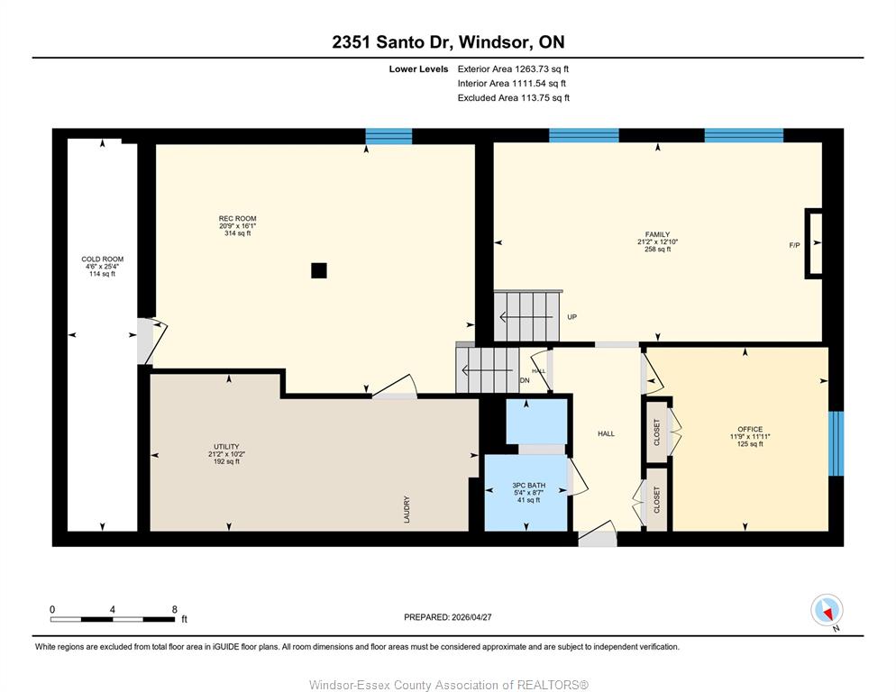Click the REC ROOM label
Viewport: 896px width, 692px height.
coord(237,218)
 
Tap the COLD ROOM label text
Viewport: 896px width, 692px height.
coord(102,259)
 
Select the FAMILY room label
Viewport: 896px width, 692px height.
coord(657,234)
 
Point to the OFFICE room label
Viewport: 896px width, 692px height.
coord(750,429)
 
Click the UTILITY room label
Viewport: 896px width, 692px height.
coord(226,447)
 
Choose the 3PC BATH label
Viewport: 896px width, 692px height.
coord(528,485)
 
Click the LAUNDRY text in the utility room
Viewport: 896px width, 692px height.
coord(407,509)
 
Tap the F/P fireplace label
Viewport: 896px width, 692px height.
coord(794,245)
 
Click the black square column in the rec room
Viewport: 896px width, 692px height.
coord(319,270)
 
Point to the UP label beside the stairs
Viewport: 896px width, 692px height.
coord(572,316)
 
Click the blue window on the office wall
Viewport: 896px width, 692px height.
coord(836,443)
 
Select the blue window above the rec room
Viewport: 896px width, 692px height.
coord(389,137)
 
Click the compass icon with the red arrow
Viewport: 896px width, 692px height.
coord(827,610)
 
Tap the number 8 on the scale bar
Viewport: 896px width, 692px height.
coord(175,609)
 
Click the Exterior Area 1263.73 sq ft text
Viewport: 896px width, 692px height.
coord(513,69)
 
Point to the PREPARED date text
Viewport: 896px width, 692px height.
coord(448,617)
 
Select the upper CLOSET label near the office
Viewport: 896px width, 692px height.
coord(656,432)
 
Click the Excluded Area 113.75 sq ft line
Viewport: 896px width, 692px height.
coord(514,97)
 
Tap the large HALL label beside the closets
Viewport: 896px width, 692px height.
coord(607,433)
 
